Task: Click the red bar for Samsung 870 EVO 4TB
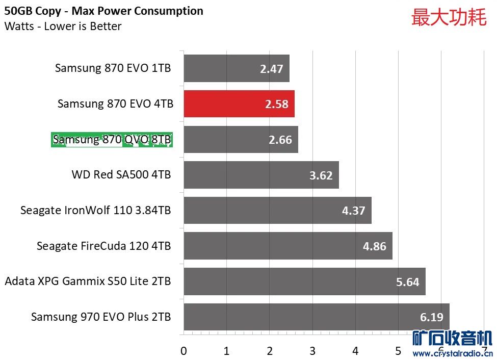(239, 104)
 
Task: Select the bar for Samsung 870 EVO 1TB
(236, 68)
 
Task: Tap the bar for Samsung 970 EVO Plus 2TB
(316, 317)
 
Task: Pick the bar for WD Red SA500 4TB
(261, 175)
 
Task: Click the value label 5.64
(407, 281)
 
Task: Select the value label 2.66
(280, 140)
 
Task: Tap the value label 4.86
(375, 246)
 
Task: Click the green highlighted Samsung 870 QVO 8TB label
(112, 139)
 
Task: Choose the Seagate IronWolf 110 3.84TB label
(95, 210)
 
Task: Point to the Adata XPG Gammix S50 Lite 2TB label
(88, 281)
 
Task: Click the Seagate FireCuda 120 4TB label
(103, 246)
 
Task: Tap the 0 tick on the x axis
(184, 351)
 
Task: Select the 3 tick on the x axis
(312, 351)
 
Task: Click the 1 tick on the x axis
(226, 351)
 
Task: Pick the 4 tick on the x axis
(355, 351)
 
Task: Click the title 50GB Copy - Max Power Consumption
(104, 11)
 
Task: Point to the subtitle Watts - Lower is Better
(63, 26)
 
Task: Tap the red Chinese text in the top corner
(449, 17)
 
